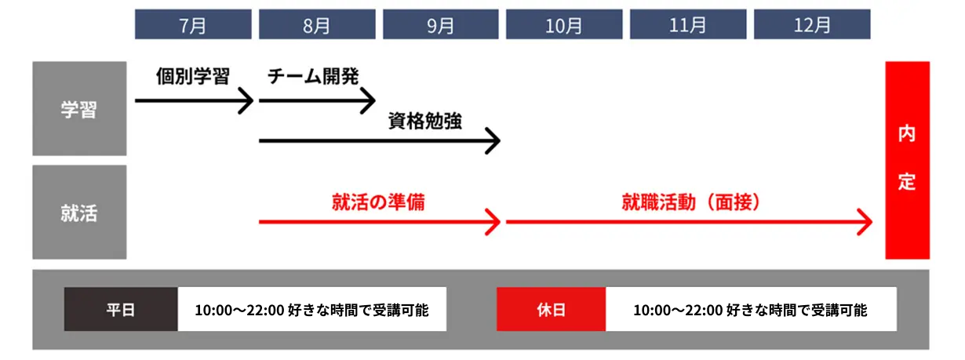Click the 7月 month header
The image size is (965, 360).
tap(193, 24)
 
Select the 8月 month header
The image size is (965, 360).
tap(317, 24)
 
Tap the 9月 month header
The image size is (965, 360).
tap(441, 24)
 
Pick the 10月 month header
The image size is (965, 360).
tap(564, 24)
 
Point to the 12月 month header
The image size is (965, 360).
tap(812, 24)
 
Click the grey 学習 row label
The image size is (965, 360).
tap(79, 109)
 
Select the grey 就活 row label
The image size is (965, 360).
tap(79, 212)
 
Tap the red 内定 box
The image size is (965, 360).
tap(907, 160)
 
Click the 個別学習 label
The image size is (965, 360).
tap(193, 77)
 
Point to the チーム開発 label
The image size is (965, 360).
tap(313, 77)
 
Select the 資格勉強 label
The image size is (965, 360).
tap(424, 121)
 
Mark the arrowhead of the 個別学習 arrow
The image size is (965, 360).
tap(247, 101)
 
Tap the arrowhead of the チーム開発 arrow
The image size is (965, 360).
tap(370, 101)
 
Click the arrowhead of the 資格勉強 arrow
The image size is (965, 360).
tap(493, 142)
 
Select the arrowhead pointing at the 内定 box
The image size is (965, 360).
tap(865, 222)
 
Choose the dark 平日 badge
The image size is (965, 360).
tap(121, 309)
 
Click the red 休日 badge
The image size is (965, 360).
tap(551, 309)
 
